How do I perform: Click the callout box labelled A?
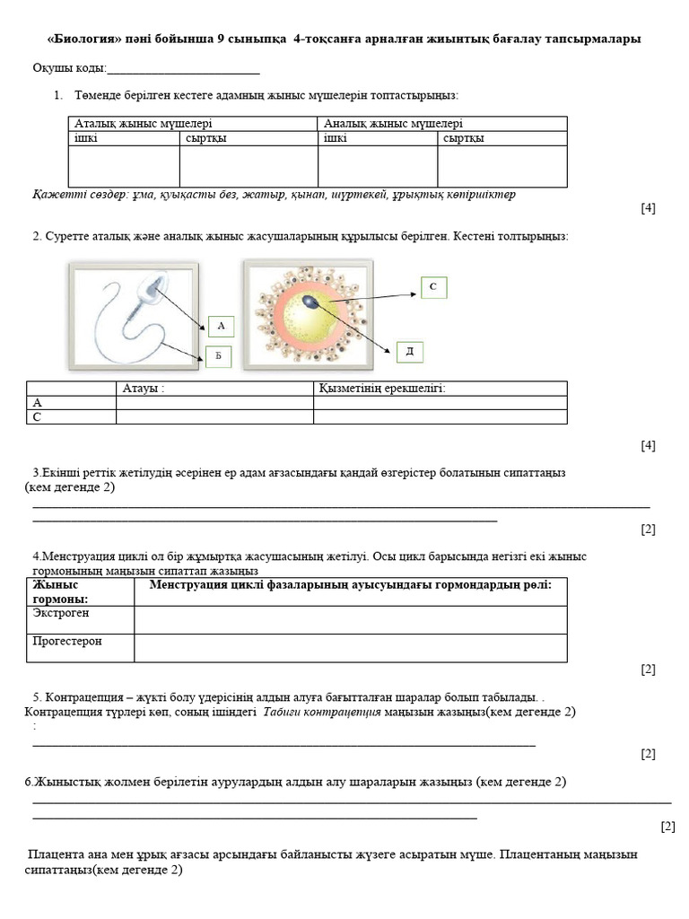pyautogui.click(x=221, y=327)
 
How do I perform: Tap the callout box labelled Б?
pyautogui.click(x=217, y=356)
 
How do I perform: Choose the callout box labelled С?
pyautogui.click(x=432, y=287)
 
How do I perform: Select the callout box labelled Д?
pyautogui.click(x=409, y=351)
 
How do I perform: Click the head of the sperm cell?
pyautogui.click(x=153, y=286)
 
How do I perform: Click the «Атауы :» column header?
pyautogui.click(x=144, y=388)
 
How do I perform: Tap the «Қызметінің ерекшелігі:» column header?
pyautogui.click(x=382, y=388)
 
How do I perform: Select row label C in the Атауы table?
pyautogui.click(x=38, y=417)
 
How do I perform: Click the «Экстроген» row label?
pyautogui.click(x=61, y=613)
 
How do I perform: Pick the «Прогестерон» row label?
pyautogui.click(x=67, y=642)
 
